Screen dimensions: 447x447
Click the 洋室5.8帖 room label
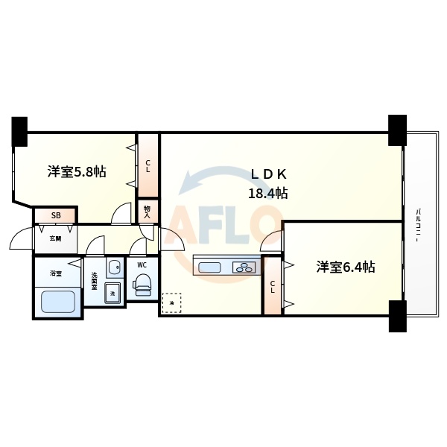(x=77, y=172)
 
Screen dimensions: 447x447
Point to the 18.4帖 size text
(x=268, y=194)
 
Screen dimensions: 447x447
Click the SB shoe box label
(x=56, y=216)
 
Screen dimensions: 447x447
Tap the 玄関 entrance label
(x=56, y=238)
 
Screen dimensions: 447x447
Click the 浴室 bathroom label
(x=55, y=273)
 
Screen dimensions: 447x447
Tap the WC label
(x=141, y=263)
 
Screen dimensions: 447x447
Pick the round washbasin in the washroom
(x=112, y=267)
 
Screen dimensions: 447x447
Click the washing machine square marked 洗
(x=112, y=293)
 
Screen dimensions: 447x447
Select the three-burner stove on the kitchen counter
(x=244, y=267)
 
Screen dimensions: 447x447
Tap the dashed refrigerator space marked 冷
(x=171, y=302)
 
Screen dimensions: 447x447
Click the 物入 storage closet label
(x=148, y=211)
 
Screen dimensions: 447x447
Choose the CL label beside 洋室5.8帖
(x=148, y=166)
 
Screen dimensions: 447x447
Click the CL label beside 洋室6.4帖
(x=273, y=286)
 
